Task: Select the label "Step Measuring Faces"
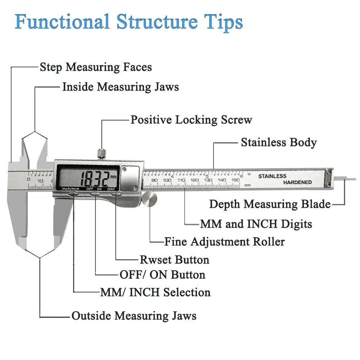tap(96, 67)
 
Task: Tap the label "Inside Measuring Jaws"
tap(120, 87)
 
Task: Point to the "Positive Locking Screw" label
tap(191, 120)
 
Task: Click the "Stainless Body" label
tap(279, 142)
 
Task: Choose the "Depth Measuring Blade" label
tap(270, 204)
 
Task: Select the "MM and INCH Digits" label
tap(256, 224)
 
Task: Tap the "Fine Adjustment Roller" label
tap(224, 242)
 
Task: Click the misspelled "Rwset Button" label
tap(174, 260)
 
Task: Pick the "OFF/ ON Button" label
tap(162, 275)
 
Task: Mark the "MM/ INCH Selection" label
tap(155, 292)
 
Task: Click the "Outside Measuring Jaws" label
tap(134, 316)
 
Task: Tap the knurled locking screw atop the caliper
tap(102, 154)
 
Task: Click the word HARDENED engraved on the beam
tap(297, 183)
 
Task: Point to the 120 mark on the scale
tap(194, 180)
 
